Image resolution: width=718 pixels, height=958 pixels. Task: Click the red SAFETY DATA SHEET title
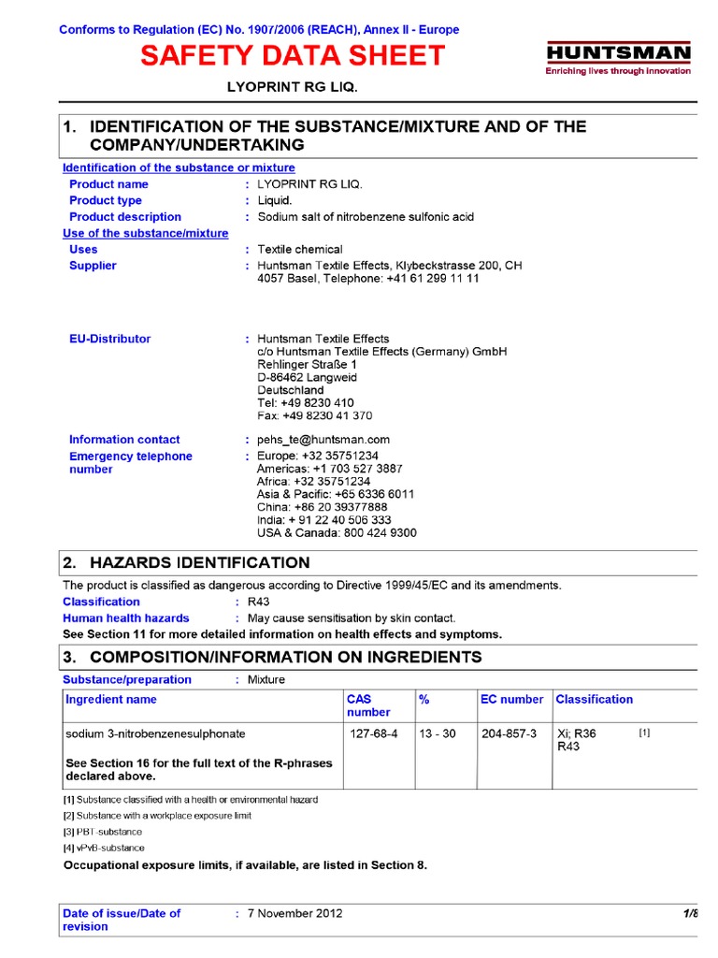click(x=293, y=56)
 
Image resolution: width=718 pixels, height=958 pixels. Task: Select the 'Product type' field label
click(x=106, y=200)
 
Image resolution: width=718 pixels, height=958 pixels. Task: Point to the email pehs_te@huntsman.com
click(x=323, y=440)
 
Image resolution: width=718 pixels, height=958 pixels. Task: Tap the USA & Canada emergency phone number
click(x=337, y=533)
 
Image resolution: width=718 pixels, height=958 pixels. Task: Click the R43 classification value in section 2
click(x=257, y=602)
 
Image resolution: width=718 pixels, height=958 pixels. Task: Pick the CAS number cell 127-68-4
click(x=373, y=734)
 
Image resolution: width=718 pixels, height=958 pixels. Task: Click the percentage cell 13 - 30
click(x=438, y=734)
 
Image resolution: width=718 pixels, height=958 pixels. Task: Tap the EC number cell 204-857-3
click(x=509, y=734)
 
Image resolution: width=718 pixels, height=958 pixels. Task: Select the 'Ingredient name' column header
click(x=111, y=700)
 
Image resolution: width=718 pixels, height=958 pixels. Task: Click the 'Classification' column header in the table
click(x=594, y=700)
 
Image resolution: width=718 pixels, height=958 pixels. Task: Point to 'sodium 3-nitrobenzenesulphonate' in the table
click(x=155, y=734)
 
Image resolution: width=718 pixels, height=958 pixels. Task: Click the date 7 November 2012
click(x=294, y=913)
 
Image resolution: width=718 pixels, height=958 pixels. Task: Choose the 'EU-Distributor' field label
click(x=109, y=339)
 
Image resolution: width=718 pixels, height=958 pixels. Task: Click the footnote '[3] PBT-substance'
click(x=103, y=832)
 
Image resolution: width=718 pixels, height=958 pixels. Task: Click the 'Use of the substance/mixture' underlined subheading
click(x=145, y=233)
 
